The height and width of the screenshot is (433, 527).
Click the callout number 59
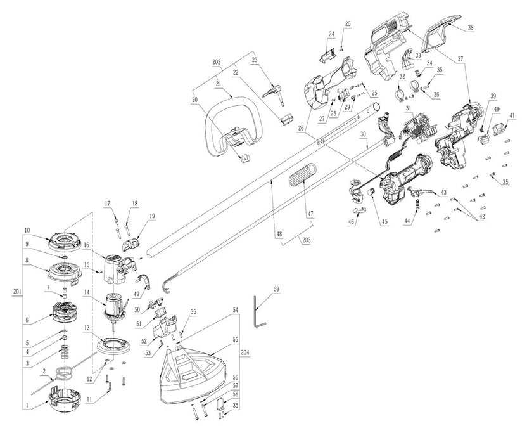click(276, 288)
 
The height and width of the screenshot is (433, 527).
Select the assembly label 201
click(16, 291)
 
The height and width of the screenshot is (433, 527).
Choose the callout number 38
click(469, 27)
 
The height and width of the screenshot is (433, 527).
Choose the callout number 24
click(331, 33)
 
